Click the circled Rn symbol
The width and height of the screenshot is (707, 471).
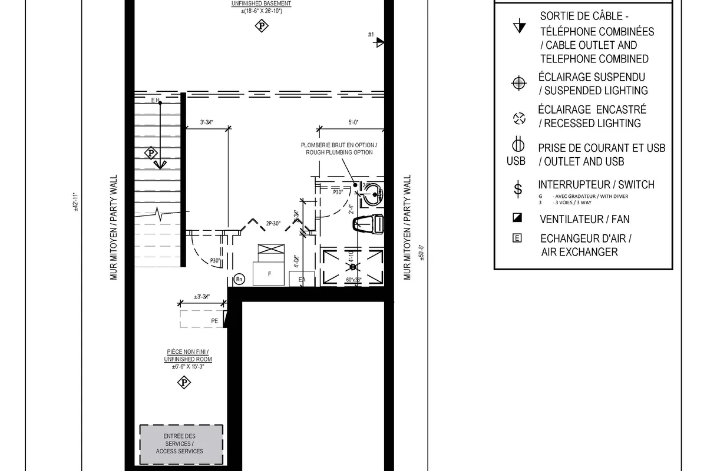(239, 280)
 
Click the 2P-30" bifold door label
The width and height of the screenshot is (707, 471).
(273, 223)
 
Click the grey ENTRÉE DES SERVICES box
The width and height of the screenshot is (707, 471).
(181, 443)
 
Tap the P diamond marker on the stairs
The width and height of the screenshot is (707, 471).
(152, 153)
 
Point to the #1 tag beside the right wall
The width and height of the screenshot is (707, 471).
(371, 35)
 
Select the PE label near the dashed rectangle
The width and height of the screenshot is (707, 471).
(214, 321)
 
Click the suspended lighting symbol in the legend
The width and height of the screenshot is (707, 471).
(518, 84)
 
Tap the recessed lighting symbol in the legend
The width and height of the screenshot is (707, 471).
(518, 118)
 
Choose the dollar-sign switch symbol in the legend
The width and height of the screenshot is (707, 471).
(518, 189)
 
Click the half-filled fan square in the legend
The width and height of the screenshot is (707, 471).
(517, 218)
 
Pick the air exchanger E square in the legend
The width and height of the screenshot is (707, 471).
(517, 238)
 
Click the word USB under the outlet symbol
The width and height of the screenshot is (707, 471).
(516, 161)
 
